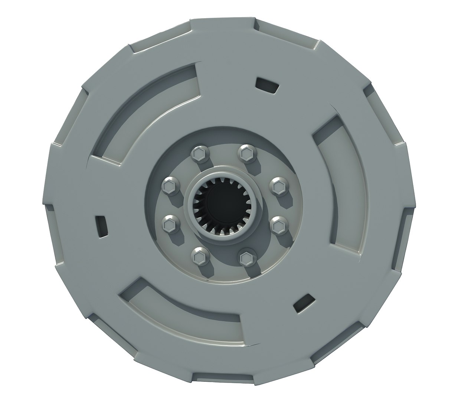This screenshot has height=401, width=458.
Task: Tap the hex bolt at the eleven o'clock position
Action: tap(199, 154)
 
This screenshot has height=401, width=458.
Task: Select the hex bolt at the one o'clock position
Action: tap(246, 152)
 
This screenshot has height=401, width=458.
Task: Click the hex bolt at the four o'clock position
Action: tap(278, 225)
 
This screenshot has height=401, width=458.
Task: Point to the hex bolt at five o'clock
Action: tap(246, 257)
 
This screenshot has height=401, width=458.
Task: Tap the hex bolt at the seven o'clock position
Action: tap(198, 255)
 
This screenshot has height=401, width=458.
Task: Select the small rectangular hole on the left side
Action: tap(102, 225)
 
